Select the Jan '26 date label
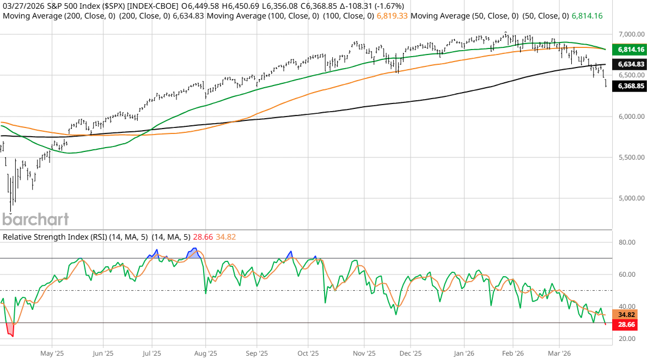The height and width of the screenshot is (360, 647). (x=463, y=352)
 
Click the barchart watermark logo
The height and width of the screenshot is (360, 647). (x=36, y=219)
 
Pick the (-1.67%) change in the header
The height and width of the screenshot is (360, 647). (x=384, y=6)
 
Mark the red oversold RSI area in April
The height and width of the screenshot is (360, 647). (x=9, y=329)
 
